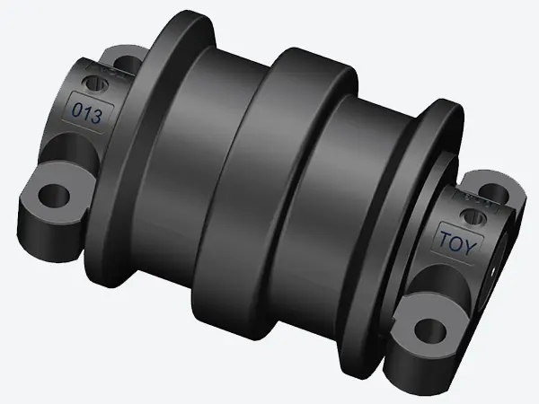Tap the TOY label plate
pos(456,241)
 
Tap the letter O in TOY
pos(457,242)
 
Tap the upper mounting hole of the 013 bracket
pos(126,65)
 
